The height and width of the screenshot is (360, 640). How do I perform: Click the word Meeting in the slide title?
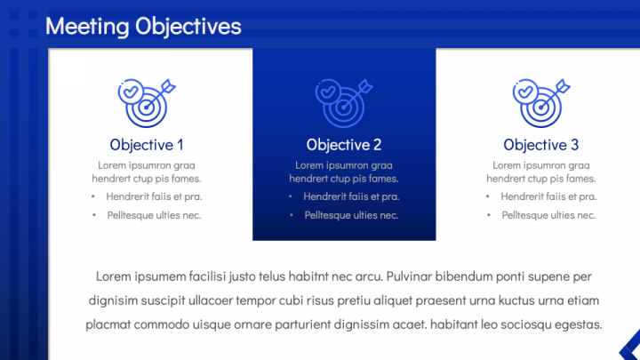click(87, 27)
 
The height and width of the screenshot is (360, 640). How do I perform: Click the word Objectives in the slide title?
click(188, 27)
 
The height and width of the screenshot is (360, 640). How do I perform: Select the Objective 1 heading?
click(147, 145)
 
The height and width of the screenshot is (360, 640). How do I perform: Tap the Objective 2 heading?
click(344, 145)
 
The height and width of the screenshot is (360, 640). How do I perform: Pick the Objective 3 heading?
click(540, 145)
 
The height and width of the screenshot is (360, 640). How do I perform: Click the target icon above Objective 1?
click(147, 103)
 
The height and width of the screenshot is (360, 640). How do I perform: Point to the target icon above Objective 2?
click(344, 103)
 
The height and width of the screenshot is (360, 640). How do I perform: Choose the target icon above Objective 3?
click(540, 103)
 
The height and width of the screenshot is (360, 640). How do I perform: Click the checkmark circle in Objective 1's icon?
click(131, 92)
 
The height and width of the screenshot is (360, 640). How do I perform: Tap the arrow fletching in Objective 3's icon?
click(563, 86)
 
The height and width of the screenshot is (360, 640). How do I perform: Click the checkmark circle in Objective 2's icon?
click(328, 92)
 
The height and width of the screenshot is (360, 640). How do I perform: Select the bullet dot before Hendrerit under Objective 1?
click(93, 196)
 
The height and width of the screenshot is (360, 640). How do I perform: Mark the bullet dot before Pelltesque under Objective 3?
click(489, 215)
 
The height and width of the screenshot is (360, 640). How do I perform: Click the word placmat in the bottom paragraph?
click(108, 324)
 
